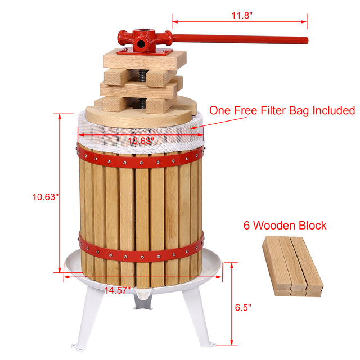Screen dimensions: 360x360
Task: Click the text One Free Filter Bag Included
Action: click(282, 110)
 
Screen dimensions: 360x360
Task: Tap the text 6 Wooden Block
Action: click(284, 226)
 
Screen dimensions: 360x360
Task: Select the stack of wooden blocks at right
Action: click(292, 265)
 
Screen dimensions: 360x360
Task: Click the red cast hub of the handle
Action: click(145, 40)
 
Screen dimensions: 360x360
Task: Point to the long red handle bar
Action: click(242, 39)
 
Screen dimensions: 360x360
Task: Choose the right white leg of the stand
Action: click(197, 321)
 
